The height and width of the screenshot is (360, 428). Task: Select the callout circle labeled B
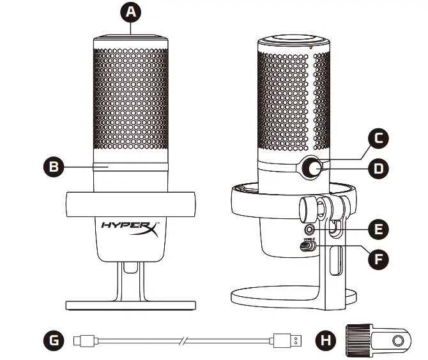coord(57,167)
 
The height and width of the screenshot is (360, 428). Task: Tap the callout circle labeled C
coord(379,137)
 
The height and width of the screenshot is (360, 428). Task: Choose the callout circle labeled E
coord(379,229)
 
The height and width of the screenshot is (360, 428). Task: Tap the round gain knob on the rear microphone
coord(312,168)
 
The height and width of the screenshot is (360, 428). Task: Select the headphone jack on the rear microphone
coord(311,227)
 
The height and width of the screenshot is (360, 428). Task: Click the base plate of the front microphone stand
coord(130,301)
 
